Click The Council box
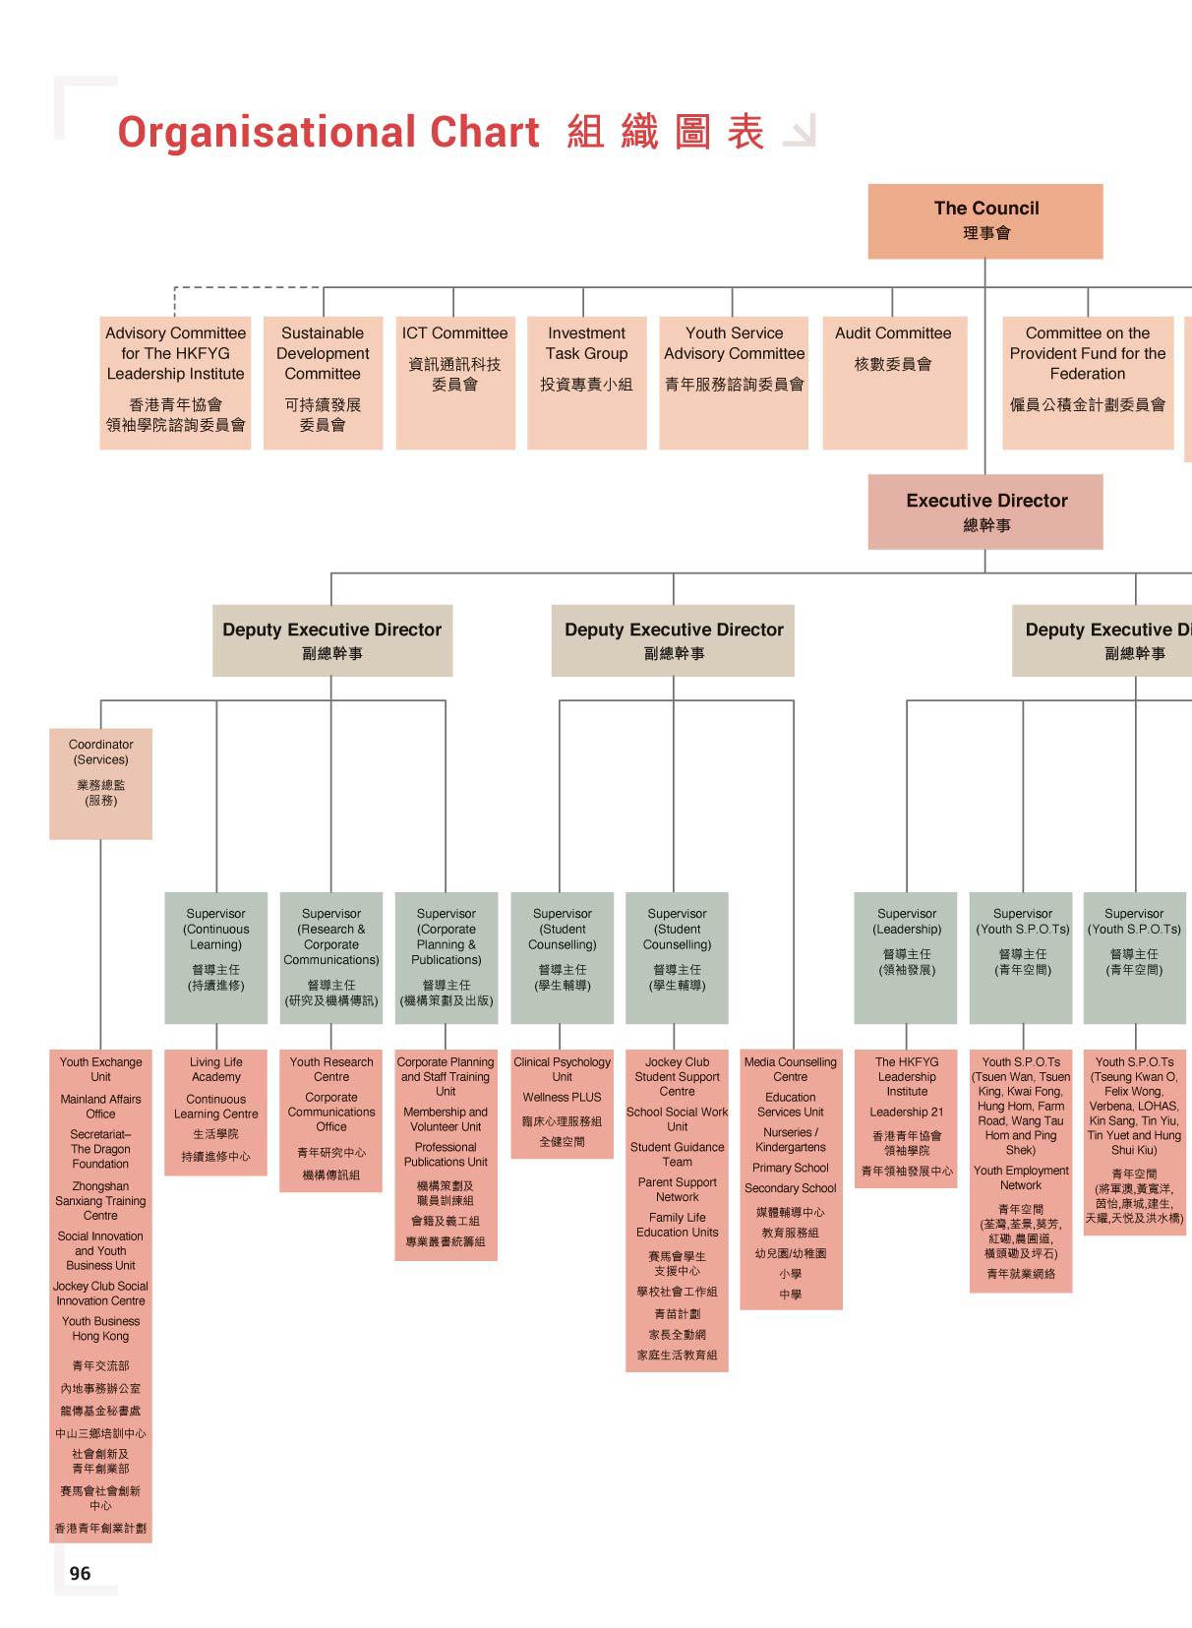[x=985, y=221]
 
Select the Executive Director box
[x=985, y=512]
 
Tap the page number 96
[x=80, y=1573]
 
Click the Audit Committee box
[x=893, y=383]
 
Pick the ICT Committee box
[x=454, y=383]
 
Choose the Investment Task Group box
[x=586, y=383]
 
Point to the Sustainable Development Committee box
[x=323, y=383]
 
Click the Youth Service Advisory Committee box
[x=734, y=383]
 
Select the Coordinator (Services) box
[x=100, y=783]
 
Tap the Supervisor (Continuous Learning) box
[x=215, y=957]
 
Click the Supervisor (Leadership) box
[x=906, y=957]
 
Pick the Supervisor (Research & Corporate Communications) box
[x=330, y=957]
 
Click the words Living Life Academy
[x=215, y=1069]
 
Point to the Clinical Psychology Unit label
[x=562, y=1069]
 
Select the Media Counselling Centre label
[x=790, y=1069]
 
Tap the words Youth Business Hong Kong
[x=100, y=1328]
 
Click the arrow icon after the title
[x=799, y=132]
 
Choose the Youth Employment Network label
[x=1021, y=1177]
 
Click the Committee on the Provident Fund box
[x=1088, y=383]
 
